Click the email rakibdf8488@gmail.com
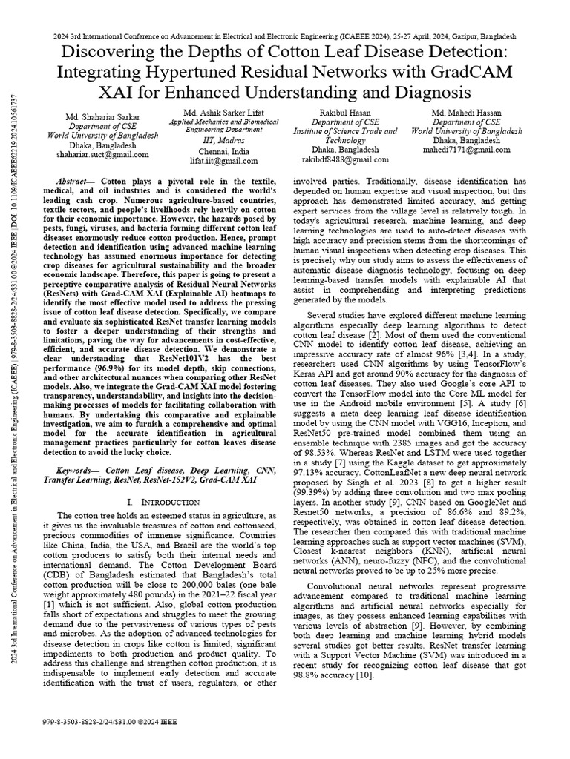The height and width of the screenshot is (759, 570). [x=335, y=159]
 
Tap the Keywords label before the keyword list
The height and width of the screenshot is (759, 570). [x=79, y=471]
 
